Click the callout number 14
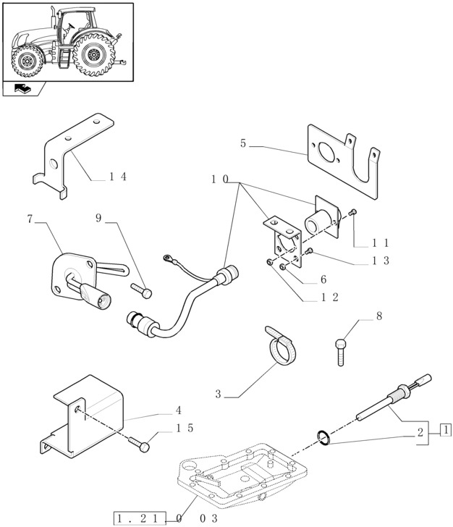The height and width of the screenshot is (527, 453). (118, 176)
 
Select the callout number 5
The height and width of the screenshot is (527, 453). (243, 144)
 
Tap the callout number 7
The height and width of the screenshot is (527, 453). (30, 218)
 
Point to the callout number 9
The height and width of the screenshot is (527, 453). (99, 217)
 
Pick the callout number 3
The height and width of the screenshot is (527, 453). (218, 395)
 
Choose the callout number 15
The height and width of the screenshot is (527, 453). (185, 428)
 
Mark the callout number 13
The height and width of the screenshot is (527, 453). (381, 261)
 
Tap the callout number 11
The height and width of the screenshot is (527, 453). (381, 243)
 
